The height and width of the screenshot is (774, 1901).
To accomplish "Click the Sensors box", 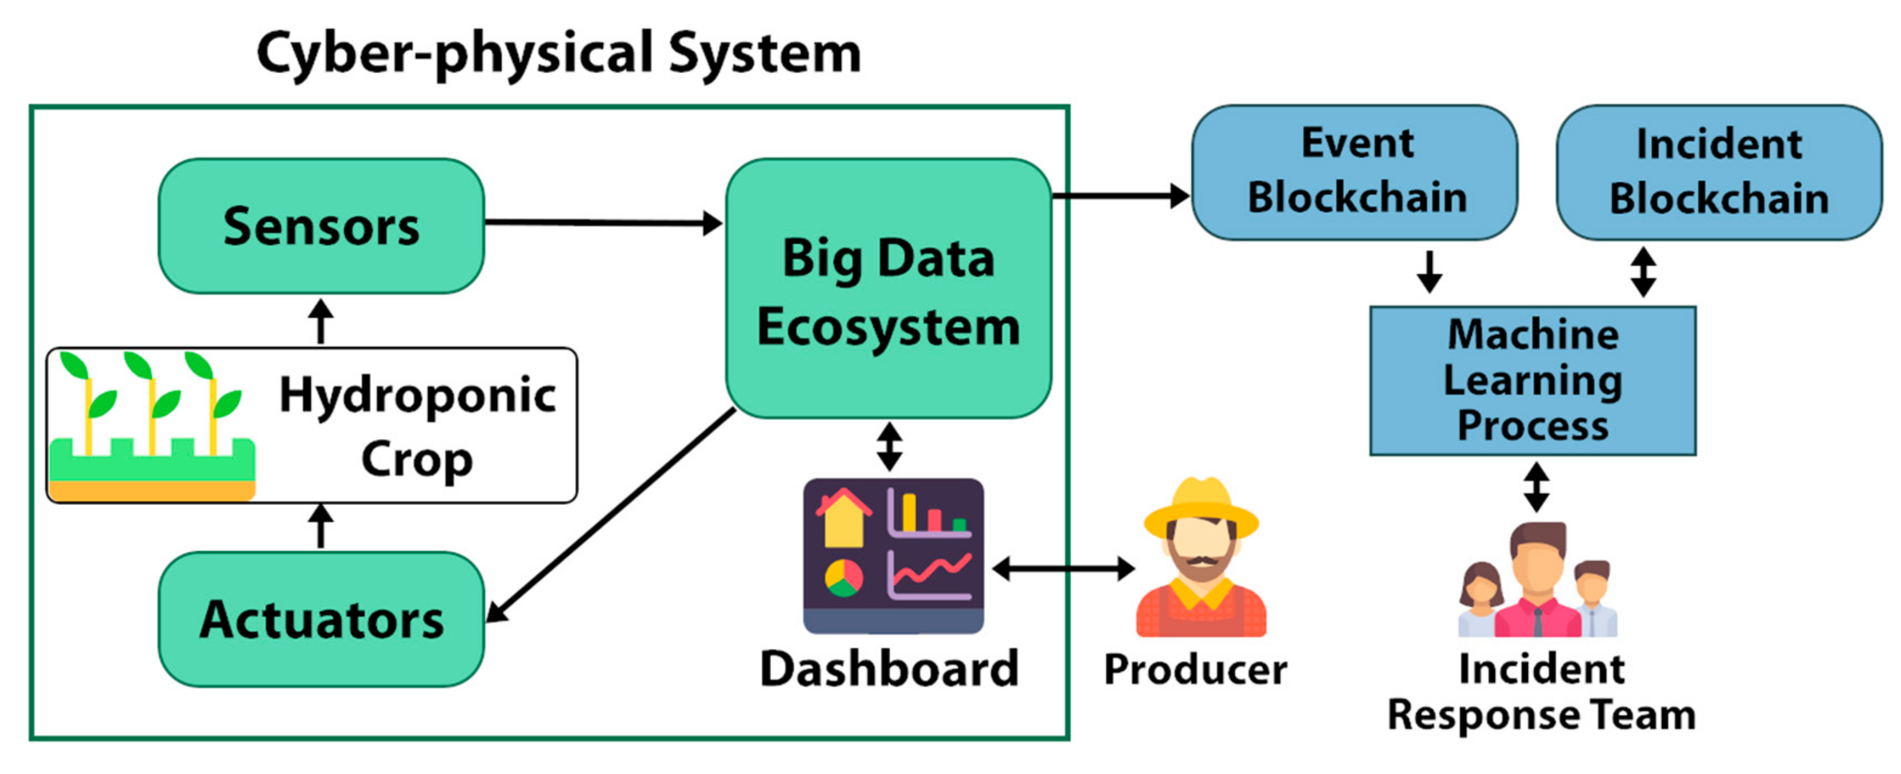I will (321, 226).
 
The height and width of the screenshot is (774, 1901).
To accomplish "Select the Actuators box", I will (321, 619).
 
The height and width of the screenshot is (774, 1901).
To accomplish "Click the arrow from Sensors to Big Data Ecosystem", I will (602, 222).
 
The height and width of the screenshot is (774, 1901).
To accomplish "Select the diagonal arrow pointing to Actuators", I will (613, 514).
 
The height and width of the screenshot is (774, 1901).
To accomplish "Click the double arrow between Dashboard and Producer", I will (1062, 568).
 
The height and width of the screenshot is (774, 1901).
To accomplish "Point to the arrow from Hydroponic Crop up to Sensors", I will (320, 321).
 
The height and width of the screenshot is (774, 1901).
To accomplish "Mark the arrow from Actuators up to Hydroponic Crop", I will (320, 525).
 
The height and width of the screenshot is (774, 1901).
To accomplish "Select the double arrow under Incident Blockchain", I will (1643, 272).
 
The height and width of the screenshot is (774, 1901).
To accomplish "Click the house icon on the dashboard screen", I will (844, 518).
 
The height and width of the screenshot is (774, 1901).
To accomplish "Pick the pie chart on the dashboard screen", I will (844, 578).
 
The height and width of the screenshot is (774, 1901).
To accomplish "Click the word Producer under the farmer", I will (1195, 669).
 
